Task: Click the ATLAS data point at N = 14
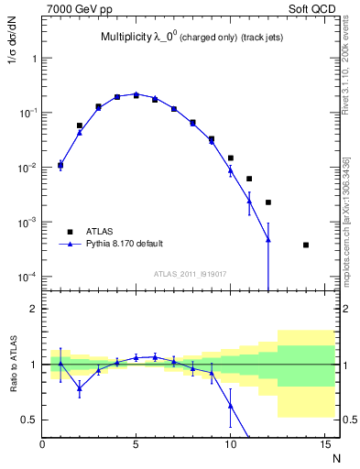(x=306, y=245)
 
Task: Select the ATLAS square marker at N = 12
(x=268, y=202)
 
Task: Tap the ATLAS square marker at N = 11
(x=249, y=179)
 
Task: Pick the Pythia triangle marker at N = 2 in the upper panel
(x=80, y=133)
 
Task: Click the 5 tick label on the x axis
(x=136, y=444)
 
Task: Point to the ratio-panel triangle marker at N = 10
(x=231, y=405)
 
